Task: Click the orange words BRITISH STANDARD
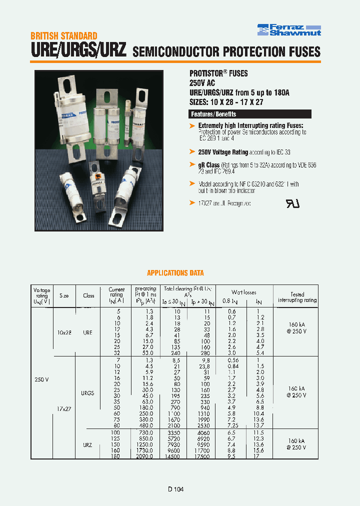click(63, 36)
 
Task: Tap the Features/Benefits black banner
click(213, 114)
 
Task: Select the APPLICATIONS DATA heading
click(175, 273)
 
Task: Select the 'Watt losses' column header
click(243, 292)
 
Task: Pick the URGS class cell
click(87, 393)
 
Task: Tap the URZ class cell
click(87, 444)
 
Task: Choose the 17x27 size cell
click(63, 408)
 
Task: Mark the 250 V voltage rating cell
click(41, 379)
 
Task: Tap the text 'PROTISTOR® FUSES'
click(218, 73)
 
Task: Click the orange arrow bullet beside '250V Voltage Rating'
click(192, 151)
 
